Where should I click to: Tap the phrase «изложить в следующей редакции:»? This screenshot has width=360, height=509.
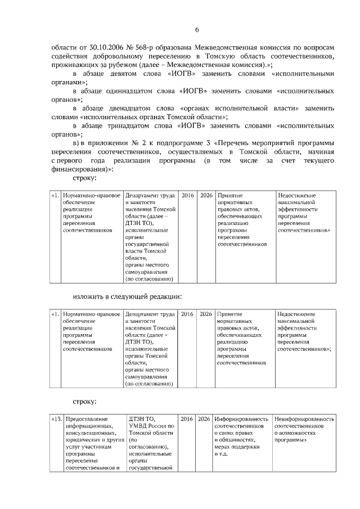pyautogui.click(x=127, y=296)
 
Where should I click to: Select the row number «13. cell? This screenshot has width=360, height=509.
pyautogui.click(x=56, y=419)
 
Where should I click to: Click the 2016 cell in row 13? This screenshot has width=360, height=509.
pyautogui.click(x=187, y=419)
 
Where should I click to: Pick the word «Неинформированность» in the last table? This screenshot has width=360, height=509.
pyautogui.click(x=304, y=419)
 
